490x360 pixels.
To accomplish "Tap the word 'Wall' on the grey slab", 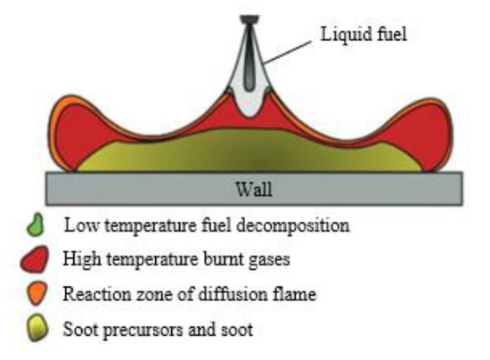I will [252, 188].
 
